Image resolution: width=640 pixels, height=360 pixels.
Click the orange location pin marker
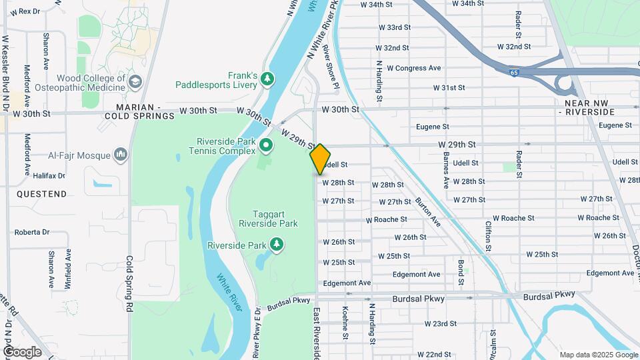321,159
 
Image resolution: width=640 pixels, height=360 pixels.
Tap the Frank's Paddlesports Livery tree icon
267,79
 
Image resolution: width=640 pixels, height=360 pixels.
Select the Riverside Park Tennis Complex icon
265,145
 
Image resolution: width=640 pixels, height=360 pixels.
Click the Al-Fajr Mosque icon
121,155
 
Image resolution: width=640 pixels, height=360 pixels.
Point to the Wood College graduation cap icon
135,83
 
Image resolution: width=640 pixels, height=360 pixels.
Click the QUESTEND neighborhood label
41,194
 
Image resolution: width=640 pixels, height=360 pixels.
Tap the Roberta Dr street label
32,232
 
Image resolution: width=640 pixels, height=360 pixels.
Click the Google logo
22,352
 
